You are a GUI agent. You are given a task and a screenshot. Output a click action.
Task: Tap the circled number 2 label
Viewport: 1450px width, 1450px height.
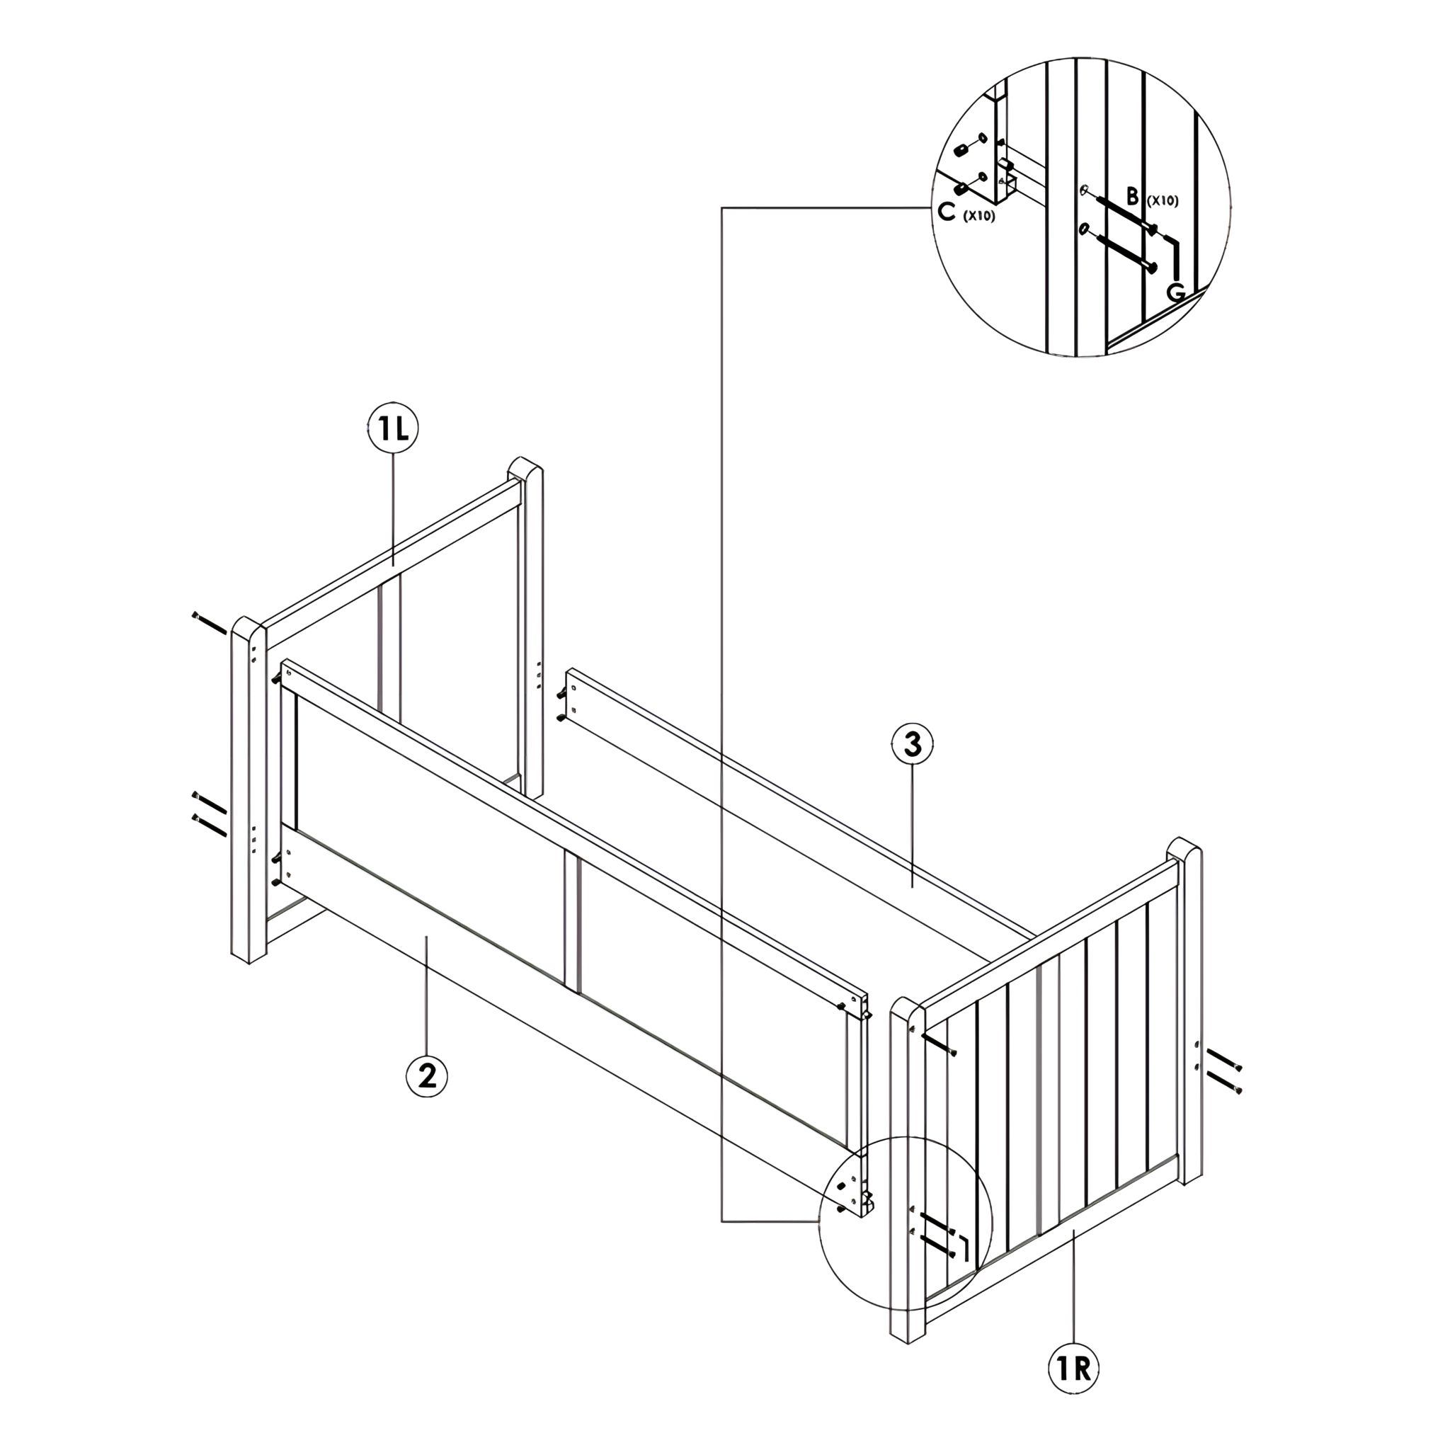[426, 1075]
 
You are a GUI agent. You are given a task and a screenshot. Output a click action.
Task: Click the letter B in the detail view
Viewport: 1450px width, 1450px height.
[1133, 198]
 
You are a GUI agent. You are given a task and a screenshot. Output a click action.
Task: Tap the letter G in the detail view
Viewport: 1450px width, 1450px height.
[1176, 292]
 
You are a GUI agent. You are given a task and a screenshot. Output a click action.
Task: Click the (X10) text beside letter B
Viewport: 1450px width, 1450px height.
[1162, 201]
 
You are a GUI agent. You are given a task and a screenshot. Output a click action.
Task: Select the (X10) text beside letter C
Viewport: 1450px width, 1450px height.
[978, 216]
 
